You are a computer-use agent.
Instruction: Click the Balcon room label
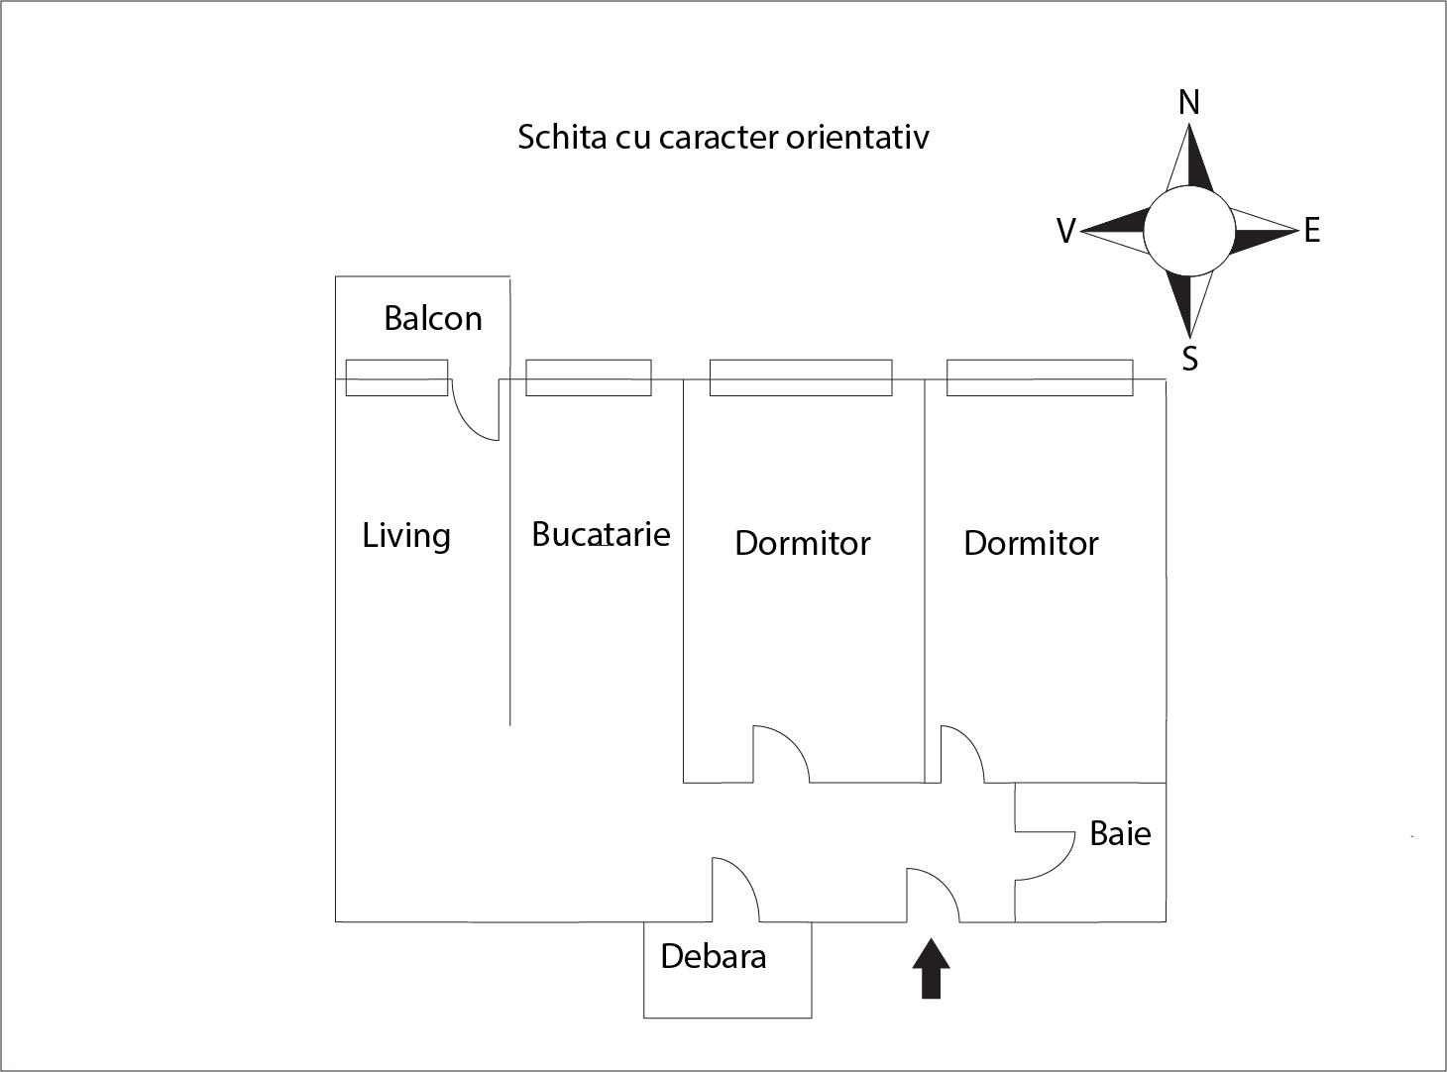[x=432, y=319]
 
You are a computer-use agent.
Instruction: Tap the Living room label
[x=406, y=536]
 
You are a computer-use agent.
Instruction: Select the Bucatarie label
[x=601, y=534]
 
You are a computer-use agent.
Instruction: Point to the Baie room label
[x=1120, y=833]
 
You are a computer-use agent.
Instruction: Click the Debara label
[x=713, y=956]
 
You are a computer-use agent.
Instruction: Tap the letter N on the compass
[x=1189, y=102]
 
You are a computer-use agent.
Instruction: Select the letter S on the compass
[x=1190, y=359]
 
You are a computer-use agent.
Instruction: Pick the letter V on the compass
[x=1065, y=231]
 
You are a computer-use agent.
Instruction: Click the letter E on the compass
[x=1312, y=231]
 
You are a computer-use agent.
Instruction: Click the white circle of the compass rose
[x=1189, y=231]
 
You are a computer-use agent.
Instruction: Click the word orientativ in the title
[x=857, y=137]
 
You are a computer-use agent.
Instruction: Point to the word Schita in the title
[x=561, y=137]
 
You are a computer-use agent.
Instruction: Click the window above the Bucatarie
[x=588, y=377]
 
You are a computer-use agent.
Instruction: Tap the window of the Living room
[x=396, y=377]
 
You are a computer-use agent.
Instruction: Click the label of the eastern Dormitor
[x=1031, y=543]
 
